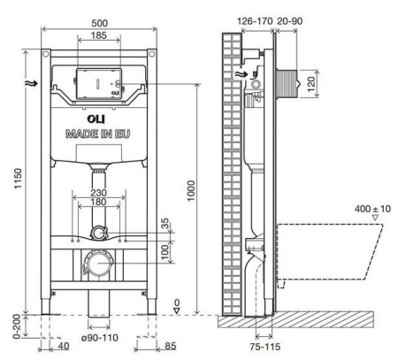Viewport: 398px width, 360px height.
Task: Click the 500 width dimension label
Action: [99, 23]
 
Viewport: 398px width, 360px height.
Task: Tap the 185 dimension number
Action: [98, 35]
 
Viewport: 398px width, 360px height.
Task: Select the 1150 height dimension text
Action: [19, 179]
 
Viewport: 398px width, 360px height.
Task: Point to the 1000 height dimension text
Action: [191, 191]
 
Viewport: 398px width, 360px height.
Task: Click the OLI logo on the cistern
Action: [96, 119]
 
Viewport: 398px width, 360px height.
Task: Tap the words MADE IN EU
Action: [97, 134]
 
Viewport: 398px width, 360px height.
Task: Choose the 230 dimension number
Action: [98, 193]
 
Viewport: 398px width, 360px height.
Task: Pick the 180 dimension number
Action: [98, 202]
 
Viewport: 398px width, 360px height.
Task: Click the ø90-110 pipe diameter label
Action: [100, 338]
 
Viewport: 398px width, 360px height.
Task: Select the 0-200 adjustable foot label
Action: [17, 326]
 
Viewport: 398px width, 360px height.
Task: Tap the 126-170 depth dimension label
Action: [255, 21]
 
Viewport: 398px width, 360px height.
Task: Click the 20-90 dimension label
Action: [290, 21]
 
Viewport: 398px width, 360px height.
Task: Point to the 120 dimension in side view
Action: [311, 84]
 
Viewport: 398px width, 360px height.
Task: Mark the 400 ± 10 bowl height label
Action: [372, 209]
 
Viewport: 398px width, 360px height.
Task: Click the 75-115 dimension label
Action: [265, 347]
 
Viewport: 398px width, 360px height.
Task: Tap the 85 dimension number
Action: [171, 346]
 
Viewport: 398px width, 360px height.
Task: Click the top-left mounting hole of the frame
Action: [45, 54]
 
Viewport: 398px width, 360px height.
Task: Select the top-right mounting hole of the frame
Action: [151, 54]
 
